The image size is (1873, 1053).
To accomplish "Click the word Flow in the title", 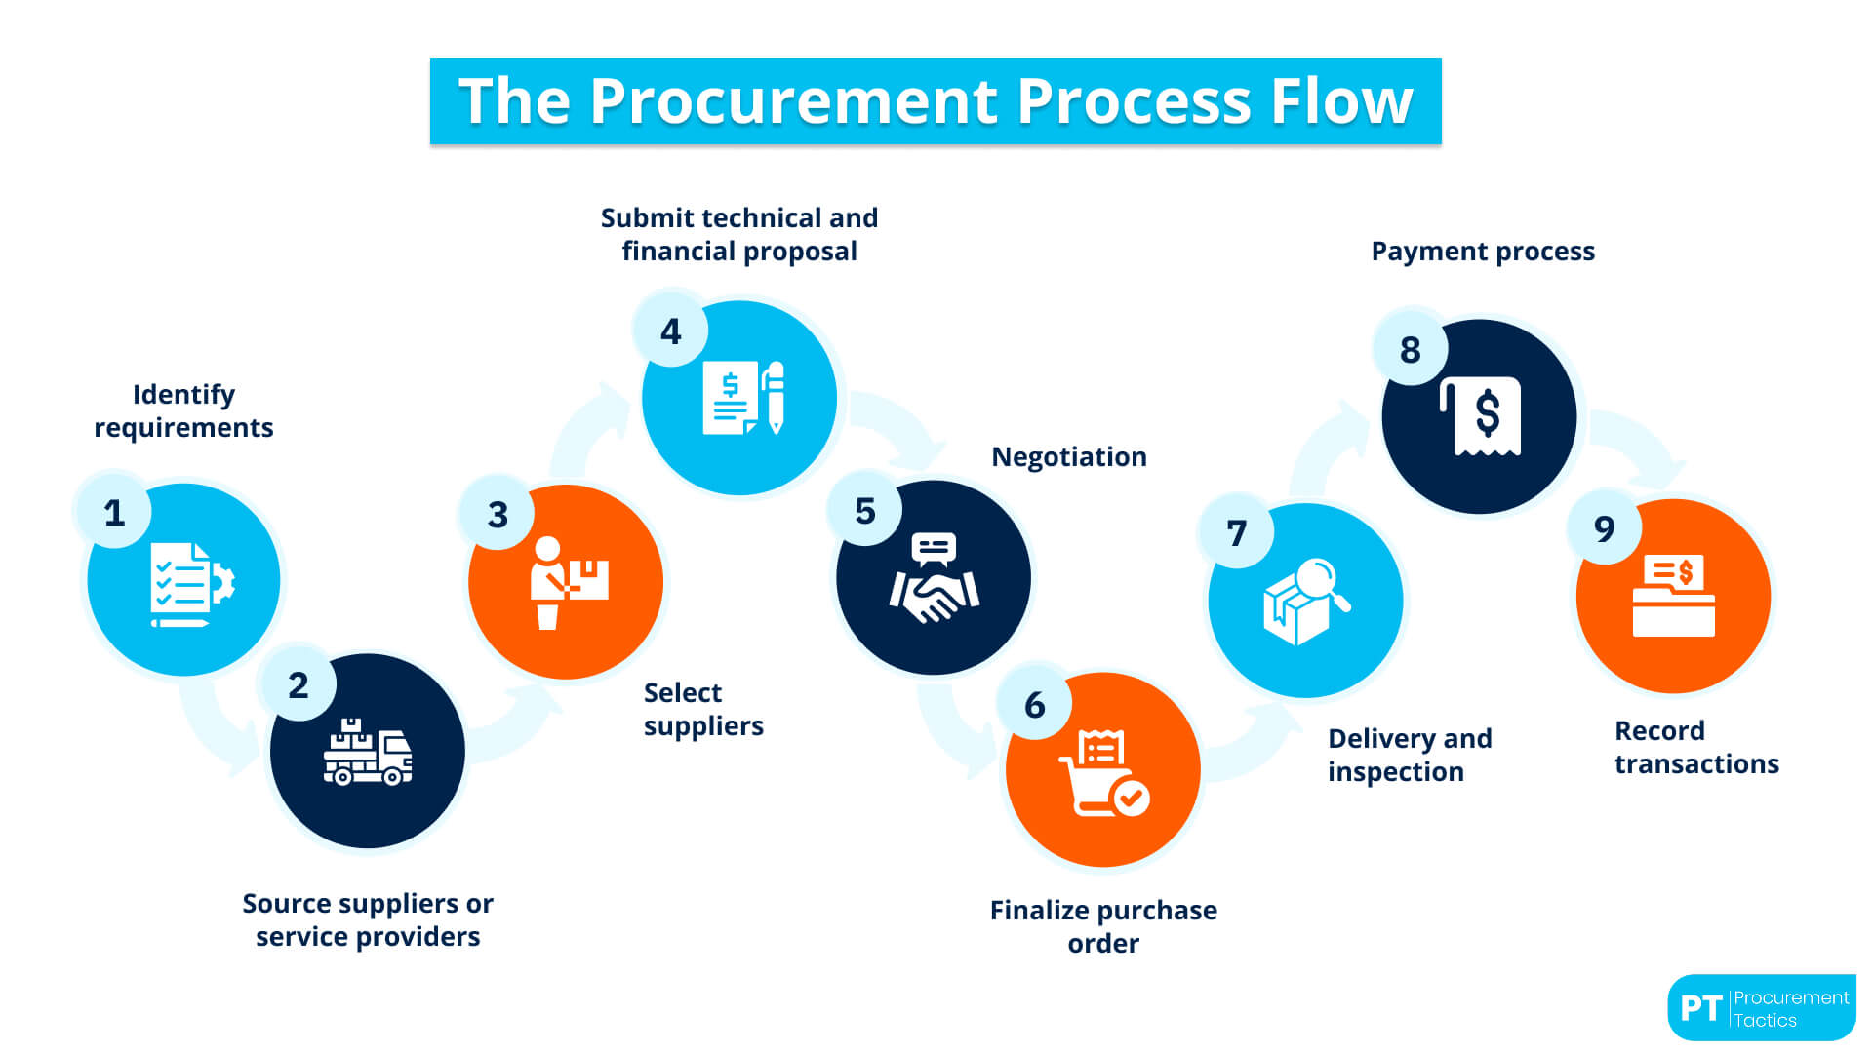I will [1340, 101].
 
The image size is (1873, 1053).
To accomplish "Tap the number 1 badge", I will [114, 512].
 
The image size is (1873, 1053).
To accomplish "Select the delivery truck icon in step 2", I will [368, 753].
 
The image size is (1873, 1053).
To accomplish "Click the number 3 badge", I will [498, 514].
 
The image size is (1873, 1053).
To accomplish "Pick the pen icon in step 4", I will [776, 397].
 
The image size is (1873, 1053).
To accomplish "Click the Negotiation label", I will [1068, 457].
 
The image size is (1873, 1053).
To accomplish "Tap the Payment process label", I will [1482, 252].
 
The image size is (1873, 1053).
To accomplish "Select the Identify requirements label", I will [183, 410].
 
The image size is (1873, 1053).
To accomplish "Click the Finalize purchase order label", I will [1102, 926].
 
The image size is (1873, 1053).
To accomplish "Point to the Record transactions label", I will [1695, 747].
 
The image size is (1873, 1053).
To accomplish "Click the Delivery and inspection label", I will [1409, 755].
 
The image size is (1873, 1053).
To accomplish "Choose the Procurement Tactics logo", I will [1761, 1008].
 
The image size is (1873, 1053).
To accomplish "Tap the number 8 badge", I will [1410, 350].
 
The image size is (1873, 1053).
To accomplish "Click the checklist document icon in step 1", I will [181, 582].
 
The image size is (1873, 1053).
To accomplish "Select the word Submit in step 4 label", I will [645, 217].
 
